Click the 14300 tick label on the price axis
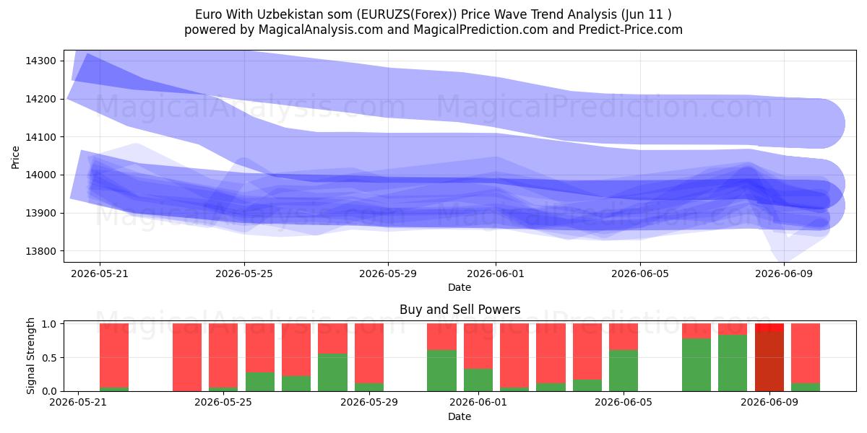pos(40,61)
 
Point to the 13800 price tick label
pos(40,251)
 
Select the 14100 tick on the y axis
pos(40,137)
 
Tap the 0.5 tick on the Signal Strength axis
pos(49,358)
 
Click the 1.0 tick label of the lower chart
pos(49,324)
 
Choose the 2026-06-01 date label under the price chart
pos(496,274)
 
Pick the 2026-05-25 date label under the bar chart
pos(223,402)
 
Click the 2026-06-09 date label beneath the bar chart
pos(769,402)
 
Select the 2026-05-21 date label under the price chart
pos(100,274)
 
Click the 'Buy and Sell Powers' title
pos(460,310)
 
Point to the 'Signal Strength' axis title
pos(30,356)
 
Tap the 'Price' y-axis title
pos(15,157)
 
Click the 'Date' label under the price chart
pos(460,287)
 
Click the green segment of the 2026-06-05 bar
pos(624,371)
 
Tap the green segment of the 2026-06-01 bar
pos(478,380)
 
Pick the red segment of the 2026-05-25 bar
pos(223,355)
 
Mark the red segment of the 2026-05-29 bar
pos(369,354)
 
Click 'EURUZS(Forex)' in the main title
pos(406,14)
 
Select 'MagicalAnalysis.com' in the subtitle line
pos(321,30)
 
